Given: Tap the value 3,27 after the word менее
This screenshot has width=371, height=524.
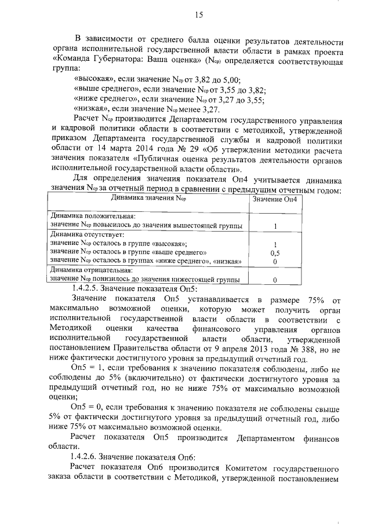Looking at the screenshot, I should click(210, 108).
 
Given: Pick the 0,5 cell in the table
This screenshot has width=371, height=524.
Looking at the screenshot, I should click(276, 253).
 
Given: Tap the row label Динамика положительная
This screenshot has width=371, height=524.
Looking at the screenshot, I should click(84, 217).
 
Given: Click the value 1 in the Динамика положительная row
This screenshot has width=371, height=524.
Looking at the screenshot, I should click(276, 226).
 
